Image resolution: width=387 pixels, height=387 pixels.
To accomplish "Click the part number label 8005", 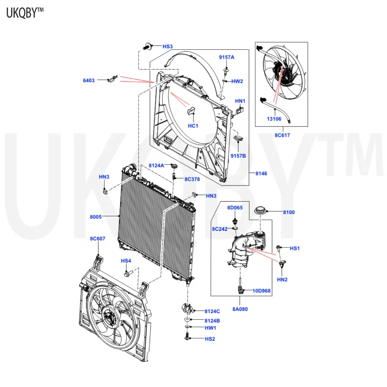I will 95,217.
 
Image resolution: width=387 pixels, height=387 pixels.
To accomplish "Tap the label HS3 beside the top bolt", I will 167,46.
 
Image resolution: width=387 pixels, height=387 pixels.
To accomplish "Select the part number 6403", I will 89,80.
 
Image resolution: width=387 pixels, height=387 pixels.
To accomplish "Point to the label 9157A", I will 226,58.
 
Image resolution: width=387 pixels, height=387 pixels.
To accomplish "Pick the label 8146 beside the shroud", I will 261,173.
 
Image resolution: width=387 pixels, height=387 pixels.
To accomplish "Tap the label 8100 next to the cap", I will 289,212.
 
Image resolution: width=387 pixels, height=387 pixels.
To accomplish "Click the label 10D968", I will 262,291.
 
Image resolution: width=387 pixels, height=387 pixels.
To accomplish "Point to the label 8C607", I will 97,238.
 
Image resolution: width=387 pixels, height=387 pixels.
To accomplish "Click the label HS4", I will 126,261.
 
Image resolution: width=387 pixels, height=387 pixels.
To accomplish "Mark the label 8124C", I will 212,311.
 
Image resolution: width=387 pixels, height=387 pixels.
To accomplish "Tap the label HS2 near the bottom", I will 209,339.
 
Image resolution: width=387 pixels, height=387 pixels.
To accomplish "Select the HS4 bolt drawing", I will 128,274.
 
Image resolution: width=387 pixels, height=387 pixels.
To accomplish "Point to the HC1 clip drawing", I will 191,111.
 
